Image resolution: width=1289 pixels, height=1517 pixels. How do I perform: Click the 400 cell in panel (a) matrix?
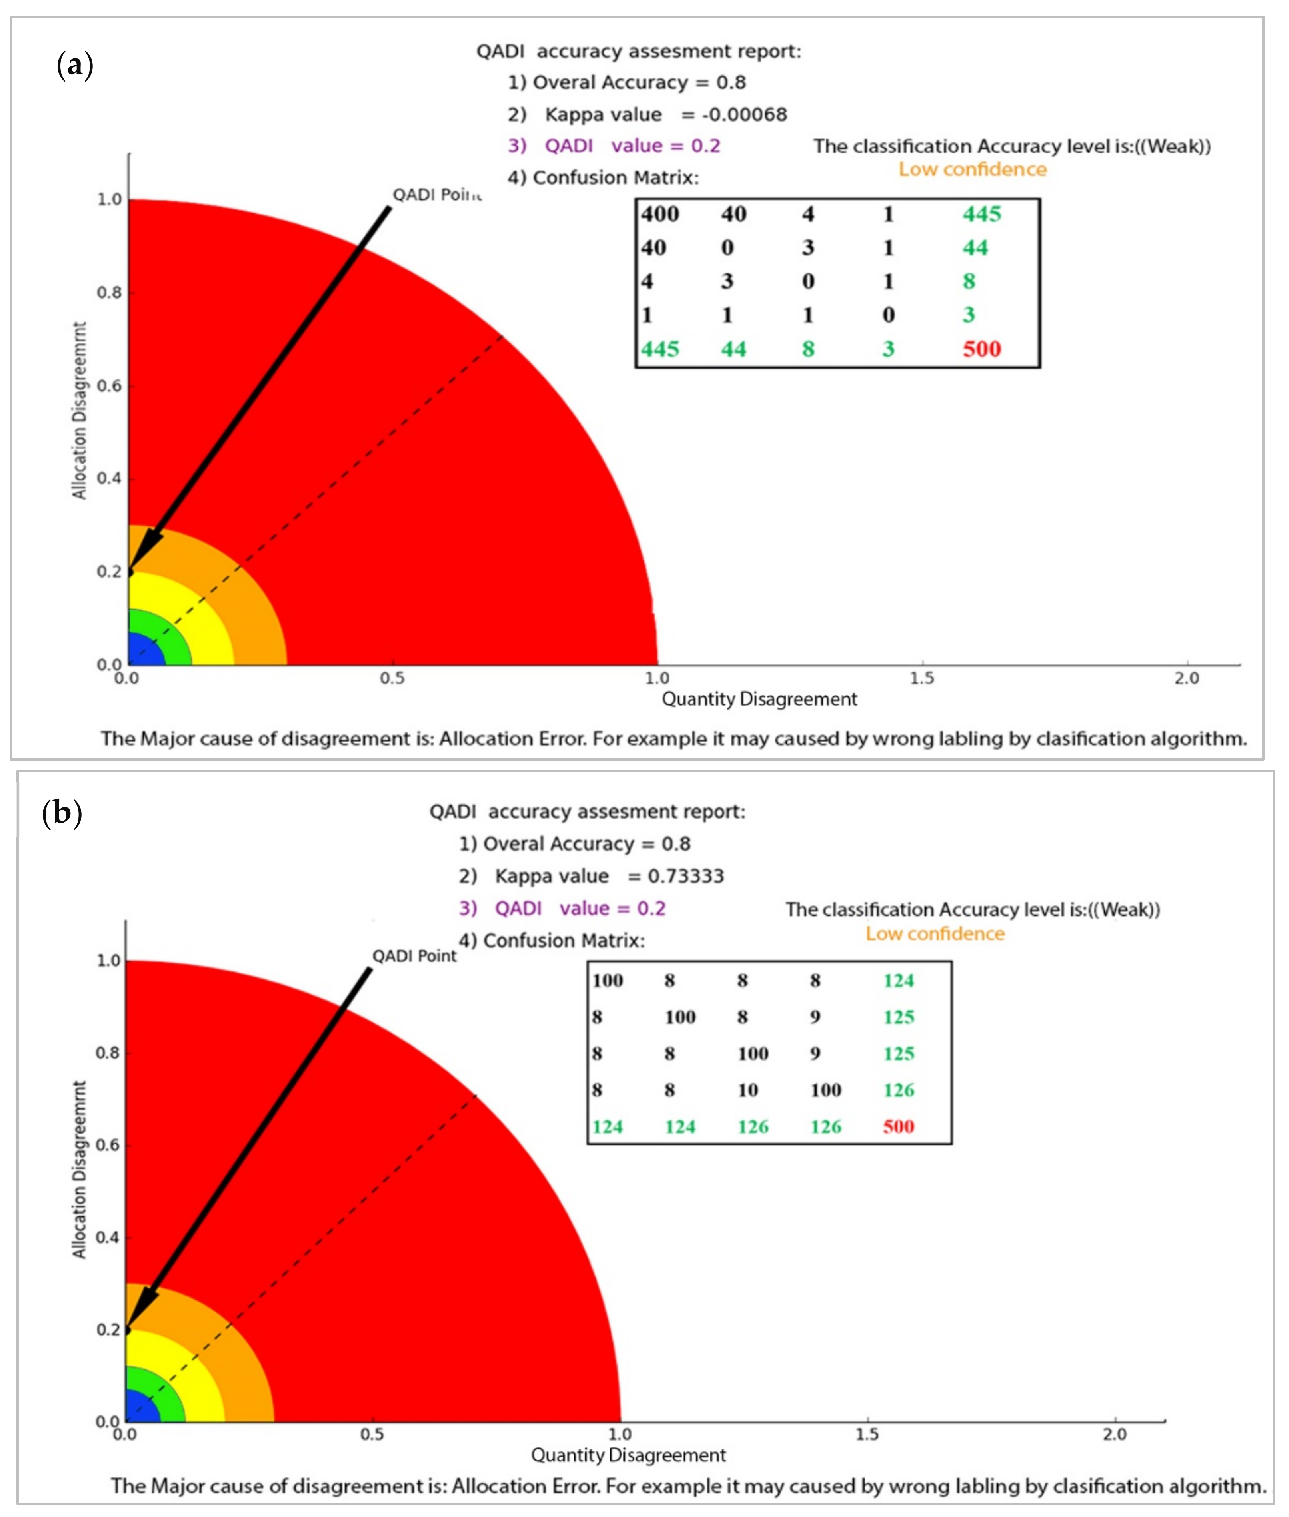[x=660, y=214]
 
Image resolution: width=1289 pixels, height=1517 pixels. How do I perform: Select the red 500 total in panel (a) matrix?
[x=981, y=349]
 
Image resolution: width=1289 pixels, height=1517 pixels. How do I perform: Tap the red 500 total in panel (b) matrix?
[x=898, y=1126]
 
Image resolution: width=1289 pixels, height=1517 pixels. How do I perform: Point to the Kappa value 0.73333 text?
[x=609, y=876]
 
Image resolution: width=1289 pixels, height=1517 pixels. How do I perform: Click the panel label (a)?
[x=74, y=65]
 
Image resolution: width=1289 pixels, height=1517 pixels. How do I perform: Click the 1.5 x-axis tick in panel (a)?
[x=922, y=678]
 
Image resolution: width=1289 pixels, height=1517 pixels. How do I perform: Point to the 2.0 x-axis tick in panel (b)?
[x=1114, y=1434]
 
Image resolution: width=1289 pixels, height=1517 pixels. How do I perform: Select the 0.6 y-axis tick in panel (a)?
[x=110, y=386]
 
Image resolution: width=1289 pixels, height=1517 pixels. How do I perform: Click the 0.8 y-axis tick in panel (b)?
[x=108, y=1053]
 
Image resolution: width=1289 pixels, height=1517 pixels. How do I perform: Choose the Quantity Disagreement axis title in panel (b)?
[x=628, y=1455]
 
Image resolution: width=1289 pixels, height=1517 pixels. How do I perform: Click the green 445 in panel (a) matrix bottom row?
[x=660, y=349]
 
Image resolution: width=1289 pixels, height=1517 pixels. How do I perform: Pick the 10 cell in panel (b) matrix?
[x=747, y=1090]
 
